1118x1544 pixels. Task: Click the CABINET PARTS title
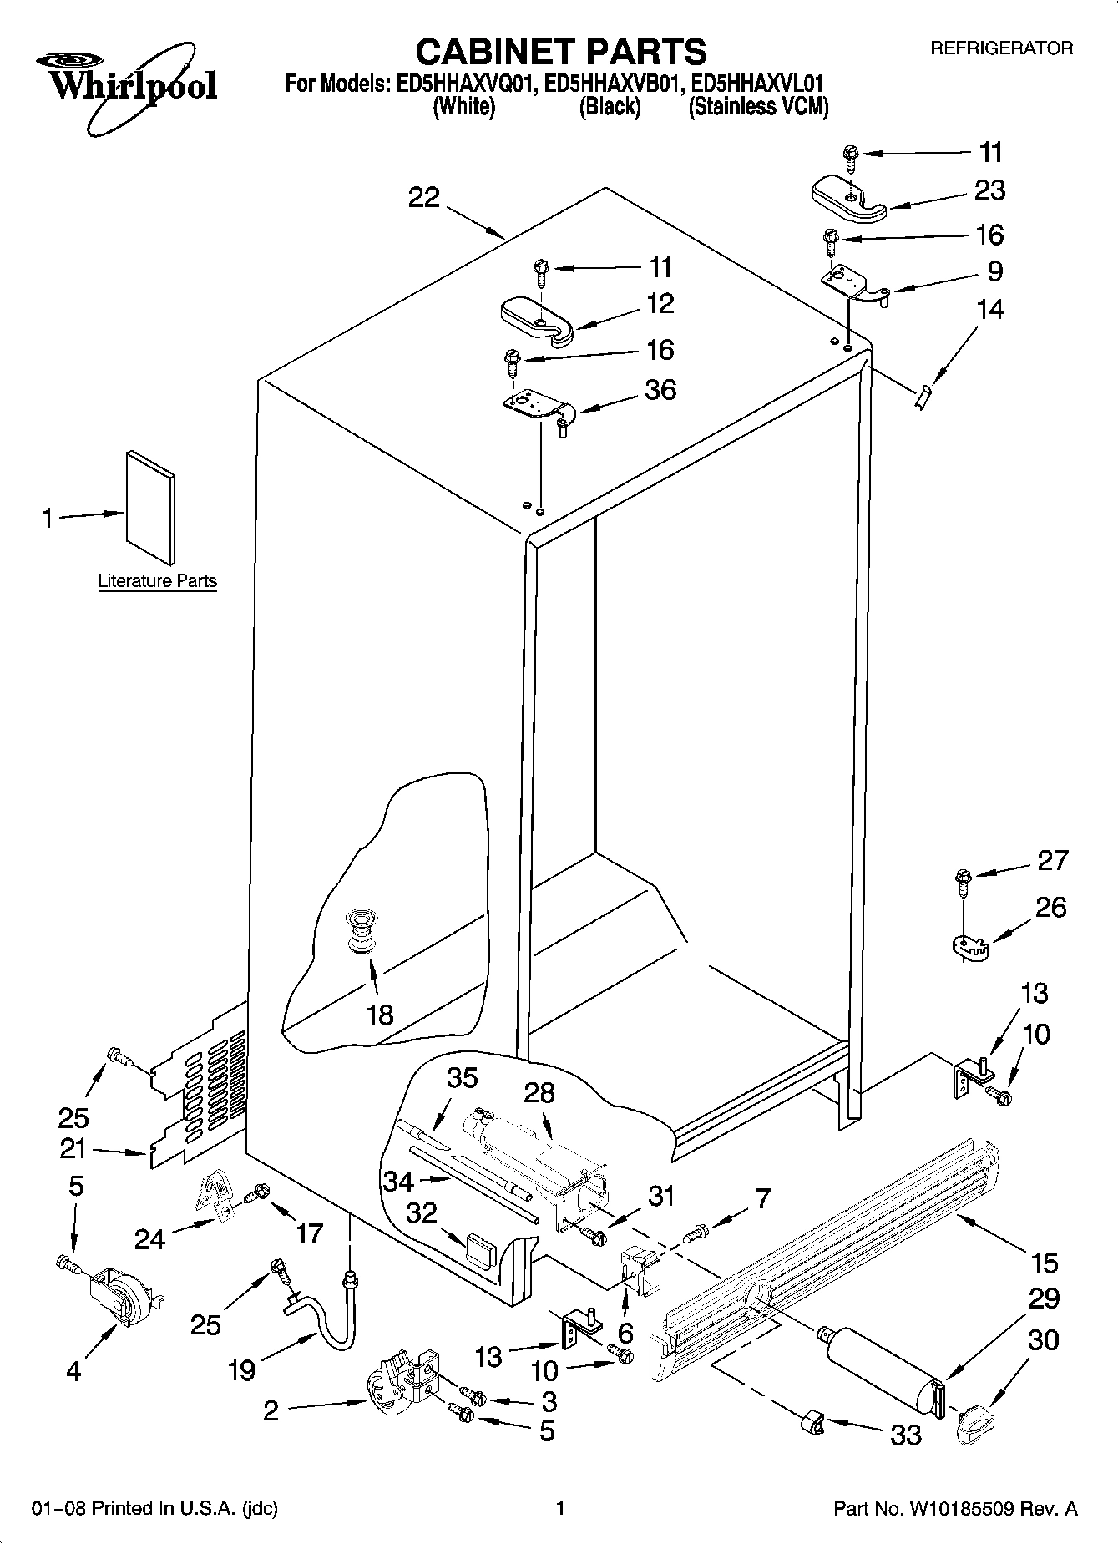tap(560, 52)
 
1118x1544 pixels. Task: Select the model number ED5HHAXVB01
tap(610, 84)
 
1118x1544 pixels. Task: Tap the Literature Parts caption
tap(157, 580)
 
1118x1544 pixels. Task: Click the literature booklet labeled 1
tap(150, 508)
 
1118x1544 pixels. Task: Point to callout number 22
tap(423, 198)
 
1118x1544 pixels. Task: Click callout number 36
tap(660, 390)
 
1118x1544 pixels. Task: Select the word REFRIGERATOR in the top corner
tap(1001, 48)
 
